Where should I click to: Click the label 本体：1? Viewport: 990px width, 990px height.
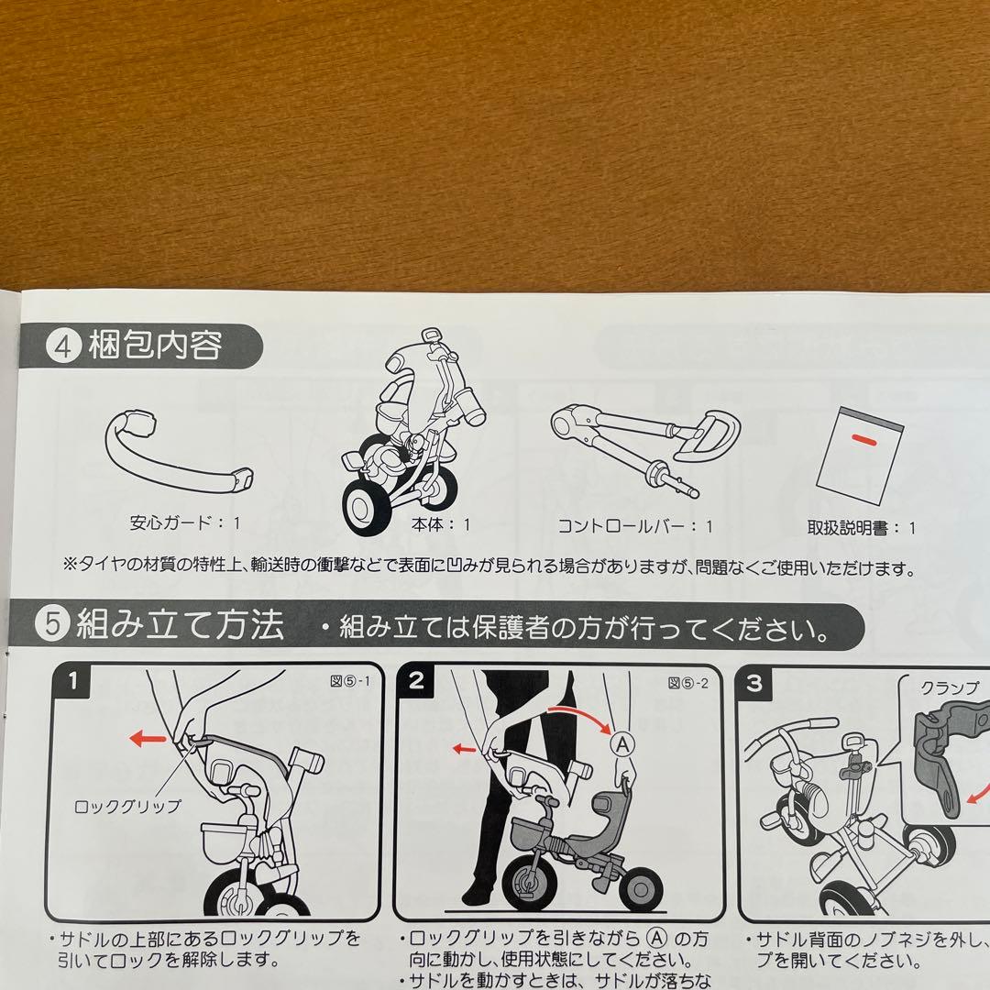click(442, 525)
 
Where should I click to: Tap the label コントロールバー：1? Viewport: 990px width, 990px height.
click(635, 526)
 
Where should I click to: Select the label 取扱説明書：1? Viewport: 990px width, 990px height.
click(861, 527)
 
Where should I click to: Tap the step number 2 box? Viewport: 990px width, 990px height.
click(416, 681)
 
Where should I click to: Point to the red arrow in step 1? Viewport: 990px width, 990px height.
click(148, 739)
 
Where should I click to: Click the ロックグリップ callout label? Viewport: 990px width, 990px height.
click(128, 807)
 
